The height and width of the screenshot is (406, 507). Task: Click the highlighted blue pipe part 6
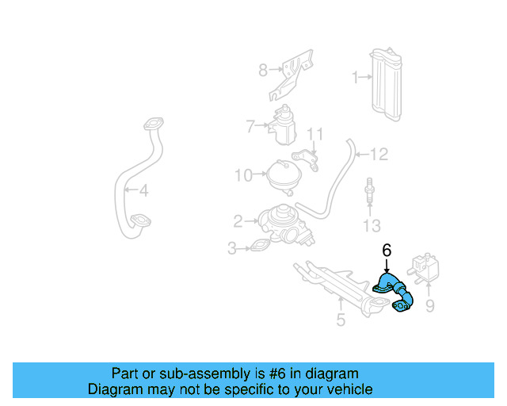point(394,294)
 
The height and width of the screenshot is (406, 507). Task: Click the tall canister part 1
point(387,86)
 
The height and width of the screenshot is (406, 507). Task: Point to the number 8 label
point(263,71)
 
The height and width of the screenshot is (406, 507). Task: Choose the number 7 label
point(250,125)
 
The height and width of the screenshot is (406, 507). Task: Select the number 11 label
point(315,132)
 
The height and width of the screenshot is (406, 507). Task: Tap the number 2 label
point(238,220)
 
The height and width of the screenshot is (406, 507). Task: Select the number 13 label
point(371,227)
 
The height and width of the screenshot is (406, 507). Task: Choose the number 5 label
point(341,320)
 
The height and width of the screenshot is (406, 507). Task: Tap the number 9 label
point(430,305)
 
